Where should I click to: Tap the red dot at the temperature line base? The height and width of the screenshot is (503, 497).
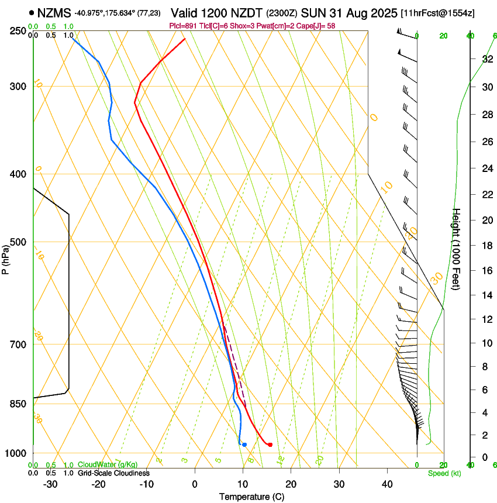point(270,445)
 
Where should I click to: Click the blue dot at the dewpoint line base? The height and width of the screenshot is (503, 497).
point(244,445)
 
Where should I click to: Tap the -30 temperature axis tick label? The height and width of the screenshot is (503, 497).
point(50,484)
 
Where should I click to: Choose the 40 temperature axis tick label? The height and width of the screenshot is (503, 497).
point(387,484)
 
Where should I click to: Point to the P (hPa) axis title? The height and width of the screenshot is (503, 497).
point(6,258)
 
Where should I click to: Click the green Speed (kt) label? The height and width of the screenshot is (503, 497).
point(444,473)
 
